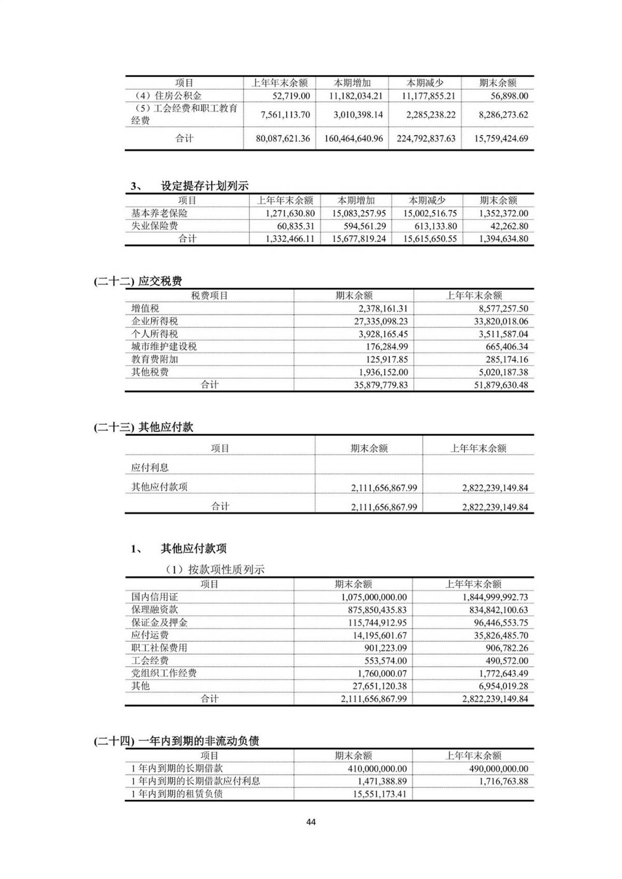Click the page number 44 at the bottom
click(x=311, y=822)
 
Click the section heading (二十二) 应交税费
click(x=138, y=281)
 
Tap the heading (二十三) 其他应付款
click(x=144, y=427)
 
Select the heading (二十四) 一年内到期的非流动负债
click(x=176, y=741)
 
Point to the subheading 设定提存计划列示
click(x=204, y=186)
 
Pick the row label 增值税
click(x=145, y=309)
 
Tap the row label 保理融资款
click(x=154, y=610)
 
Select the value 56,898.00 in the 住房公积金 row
click(x=509, y=96)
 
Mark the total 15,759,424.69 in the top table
click(x=501, y=138)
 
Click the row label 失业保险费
click(x=154, y=226)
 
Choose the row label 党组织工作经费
click(x=164, y=673)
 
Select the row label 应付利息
click(x=150, y=467)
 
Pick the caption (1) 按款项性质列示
click(x=215, y=570)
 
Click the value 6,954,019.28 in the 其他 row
click(x=500, y=686)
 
